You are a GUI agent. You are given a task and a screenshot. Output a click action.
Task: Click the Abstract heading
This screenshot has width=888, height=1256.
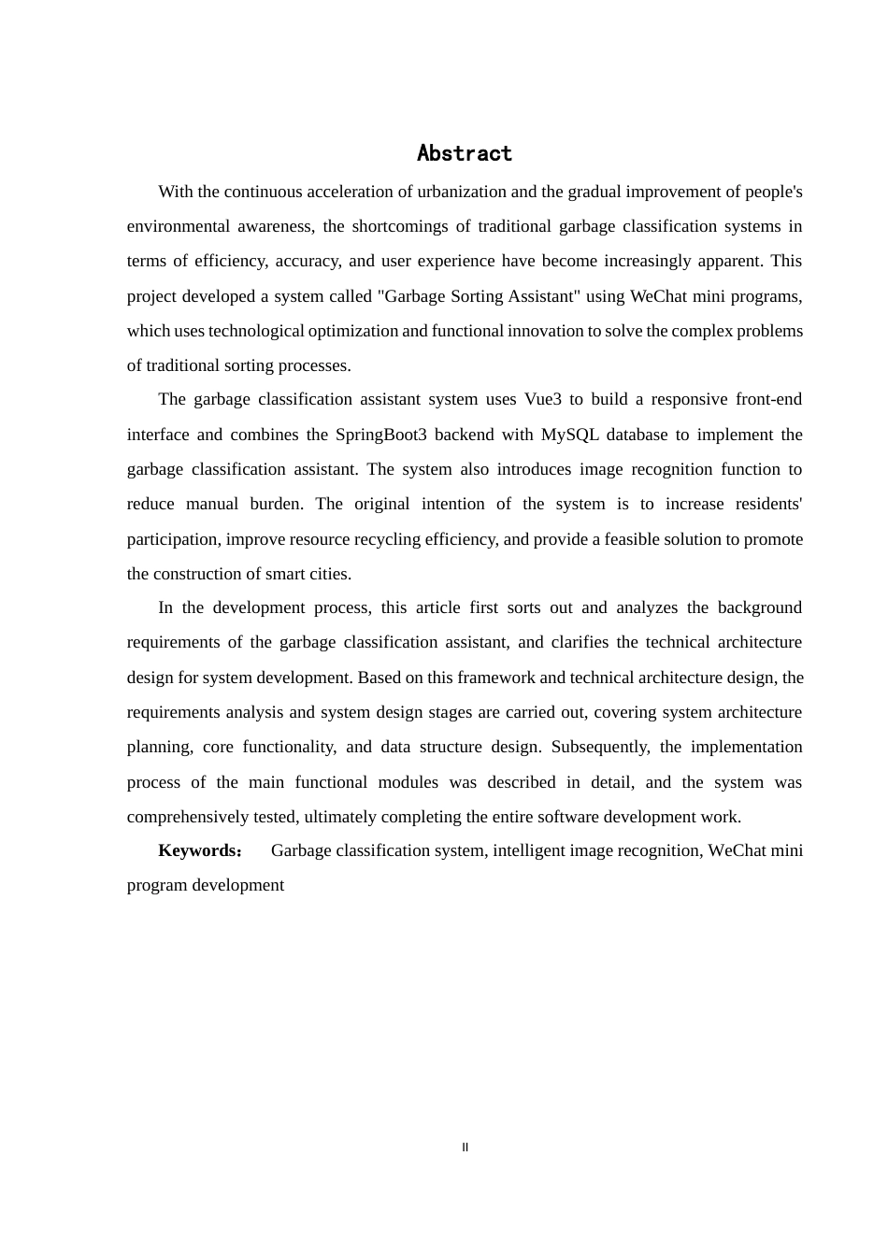click(465, 153)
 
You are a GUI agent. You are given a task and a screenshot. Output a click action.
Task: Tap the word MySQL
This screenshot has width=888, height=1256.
click(570, 435)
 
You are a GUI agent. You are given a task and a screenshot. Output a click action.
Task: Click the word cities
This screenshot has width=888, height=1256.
click(328, 574)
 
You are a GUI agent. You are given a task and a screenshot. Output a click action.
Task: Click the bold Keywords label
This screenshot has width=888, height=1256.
click(199, 850)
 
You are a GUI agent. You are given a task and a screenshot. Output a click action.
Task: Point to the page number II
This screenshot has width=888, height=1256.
click(465, 1148)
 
